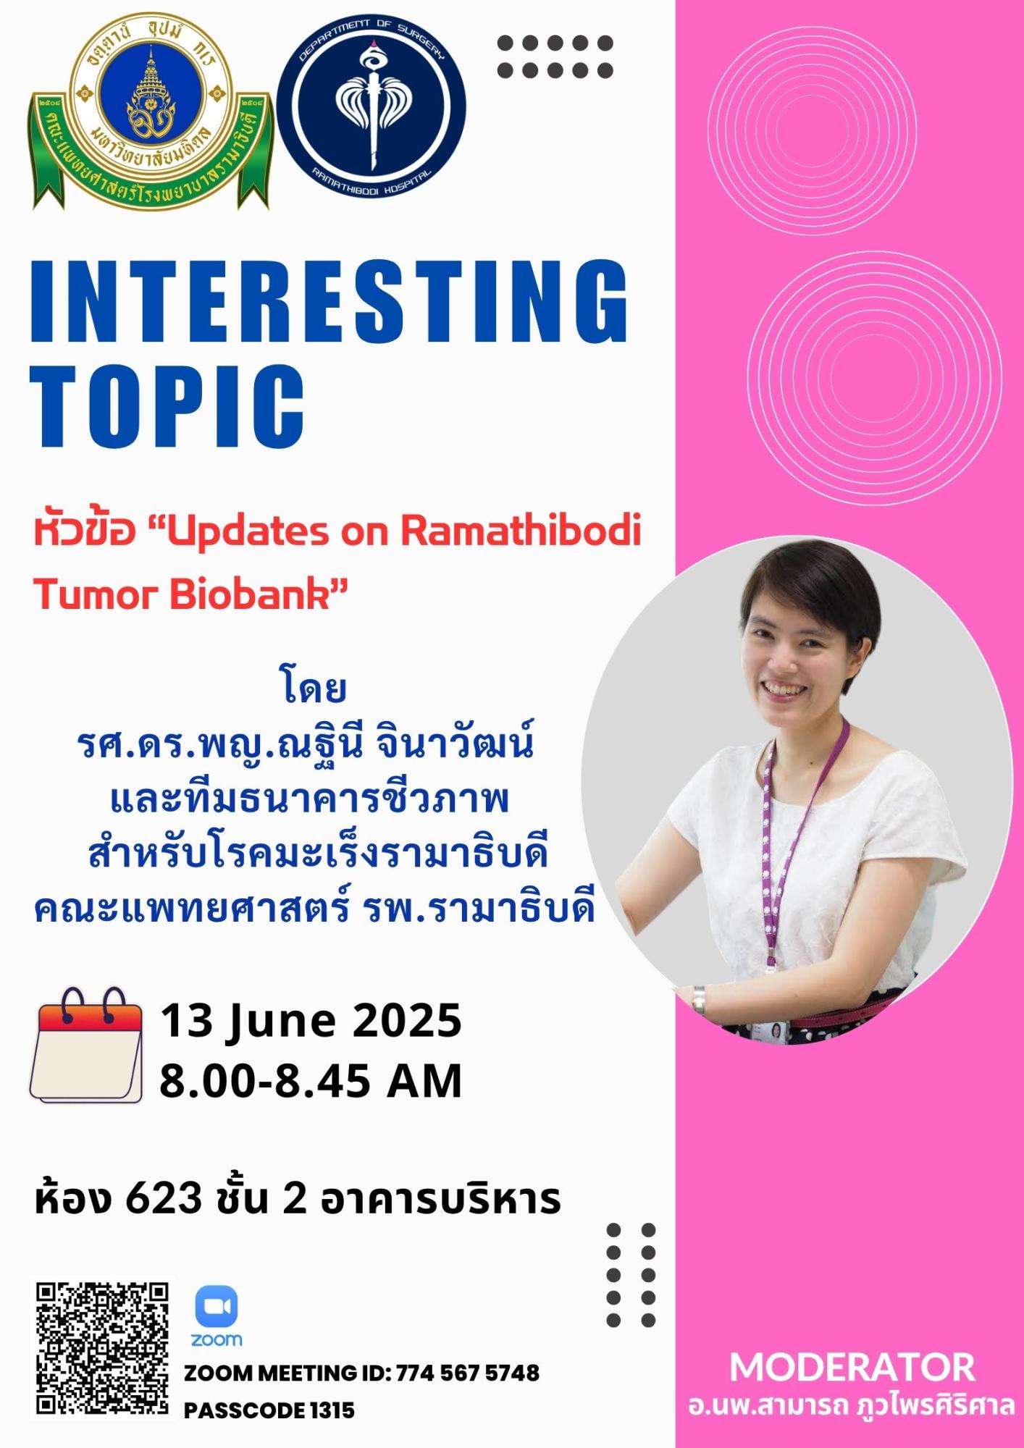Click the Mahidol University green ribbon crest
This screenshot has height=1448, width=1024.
(x=151, y=114)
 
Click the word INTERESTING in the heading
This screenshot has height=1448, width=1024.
(x=330, y=301)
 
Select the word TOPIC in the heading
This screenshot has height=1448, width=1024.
(x=167, y=406)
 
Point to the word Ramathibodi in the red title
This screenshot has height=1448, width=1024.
(x=521, y=531)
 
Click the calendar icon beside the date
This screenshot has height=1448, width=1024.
(x=85, y=1045)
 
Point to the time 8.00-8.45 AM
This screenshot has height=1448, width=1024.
(x=311, y=1082)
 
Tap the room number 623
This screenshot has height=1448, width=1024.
(x=164, y=1198)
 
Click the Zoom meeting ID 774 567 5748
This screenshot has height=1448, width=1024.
(x=468, y=1373)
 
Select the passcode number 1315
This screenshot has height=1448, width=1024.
(x=332, y=1410)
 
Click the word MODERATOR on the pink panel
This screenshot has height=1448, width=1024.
(x=852, y=1368)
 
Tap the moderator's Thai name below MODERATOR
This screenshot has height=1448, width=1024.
(x=852, y=1405)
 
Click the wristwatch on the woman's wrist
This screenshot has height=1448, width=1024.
(x=699, y=1001)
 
